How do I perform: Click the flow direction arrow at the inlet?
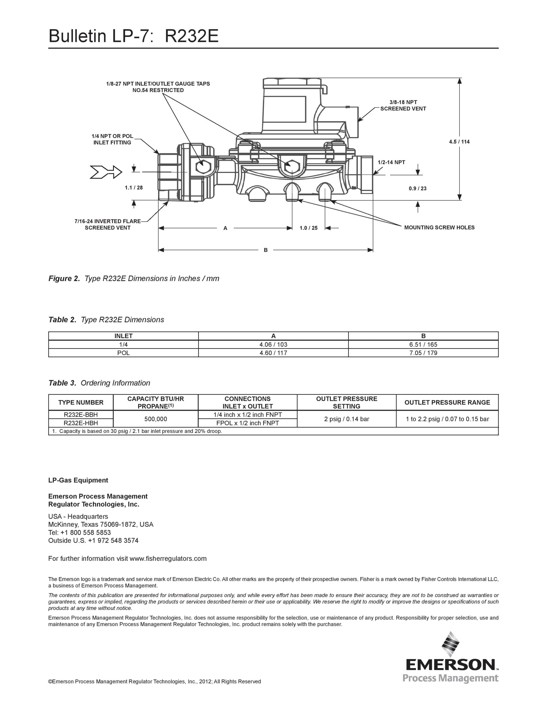(x=106, y=172)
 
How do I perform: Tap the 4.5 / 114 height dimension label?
(x=459, y=142)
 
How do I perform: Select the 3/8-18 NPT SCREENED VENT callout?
(x=403, y=106)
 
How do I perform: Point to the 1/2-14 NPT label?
(x=391, y=162)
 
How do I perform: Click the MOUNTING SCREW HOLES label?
(x=439, y=227)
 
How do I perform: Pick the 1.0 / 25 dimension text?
(x=308, y=228)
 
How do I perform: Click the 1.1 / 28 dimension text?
(x=134, y=188)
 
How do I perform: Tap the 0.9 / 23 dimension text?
(x=417, y=188)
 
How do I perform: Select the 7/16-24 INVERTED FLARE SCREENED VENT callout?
(x=108, y=225)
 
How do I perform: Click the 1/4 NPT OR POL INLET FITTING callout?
(x=113, y=139)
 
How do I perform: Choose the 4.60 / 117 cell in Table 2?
(x=273, y=353)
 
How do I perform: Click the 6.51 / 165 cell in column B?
(x=423, y=345)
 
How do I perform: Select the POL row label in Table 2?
(x=123, y=353)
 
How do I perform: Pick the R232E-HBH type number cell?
(x=81, y=423)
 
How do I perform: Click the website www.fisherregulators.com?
(x=168, y=559)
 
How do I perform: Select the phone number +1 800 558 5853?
(x=85, y=533)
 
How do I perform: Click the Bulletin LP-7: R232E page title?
(x=134, y=36)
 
